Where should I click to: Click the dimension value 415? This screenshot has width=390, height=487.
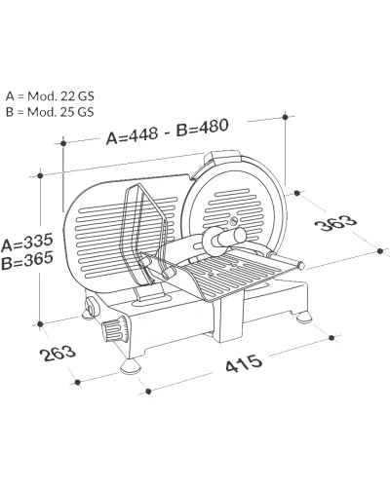click(244, 363)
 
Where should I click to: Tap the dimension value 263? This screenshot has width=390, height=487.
click(58, 354)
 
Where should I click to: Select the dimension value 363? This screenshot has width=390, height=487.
click(335, 223)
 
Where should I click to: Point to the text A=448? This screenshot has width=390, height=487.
click(133, 134)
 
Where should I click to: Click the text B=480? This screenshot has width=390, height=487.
click(202, 128)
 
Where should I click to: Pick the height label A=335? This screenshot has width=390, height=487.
click(26, 243)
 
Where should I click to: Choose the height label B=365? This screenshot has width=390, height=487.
click(26, 262)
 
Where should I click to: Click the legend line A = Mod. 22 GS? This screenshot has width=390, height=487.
click(50, 96)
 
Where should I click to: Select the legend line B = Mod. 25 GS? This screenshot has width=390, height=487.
click(50, 112)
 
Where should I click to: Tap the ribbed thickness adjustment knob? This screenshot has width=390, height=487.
click(114, 329)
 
